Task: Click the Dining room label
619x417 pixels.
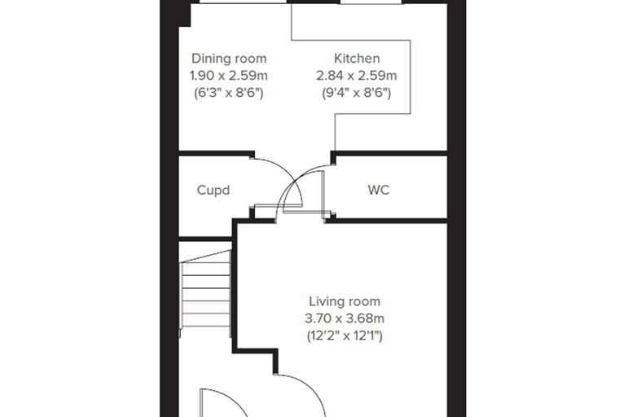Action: pyautogui.click(x=229, y=59)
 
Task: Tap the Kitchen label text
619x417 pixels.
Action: pyautogui.click(x=357, y=59)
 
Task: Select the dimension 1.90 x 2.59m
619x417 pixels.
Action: pyautogui.click(x=229, y=76)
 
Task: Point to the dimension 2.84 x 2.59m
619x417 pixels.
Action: pyautogui.click(x=357, y=76)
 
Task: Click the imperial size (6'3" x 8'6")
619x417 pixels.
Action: pyautogui.click(x=229, y=93)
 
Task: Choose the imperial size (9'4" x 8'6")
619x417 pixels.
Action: pyautogui.click(x=357, y=93)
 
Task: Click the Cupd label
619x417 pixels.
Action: pyautogui.click(x=213, y=191)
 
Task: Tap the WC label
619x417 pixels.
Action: pyautogui.click(x=379, y=191)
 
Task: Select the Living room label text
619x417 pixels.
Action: pyautogui.click(x=345, y=301)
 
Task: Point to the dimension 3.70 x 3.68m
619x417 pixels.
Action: pyautogui.click(x=345, y=318)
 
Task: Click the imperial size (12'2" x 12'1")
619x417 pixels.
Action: pyautogui.click(x=345, y=336)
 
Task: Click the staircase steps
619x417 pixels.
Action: pyautogui.click(x=206, y=293)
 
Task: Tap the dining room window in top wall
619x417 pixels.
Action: pyautogui.click(x=243, y=2)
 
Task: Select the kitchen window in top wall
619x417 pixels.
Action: pyautogui.click(x=371, y=2)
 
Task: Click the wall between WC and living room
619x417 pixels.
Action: pyautogui.click(x=386, y=221)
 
